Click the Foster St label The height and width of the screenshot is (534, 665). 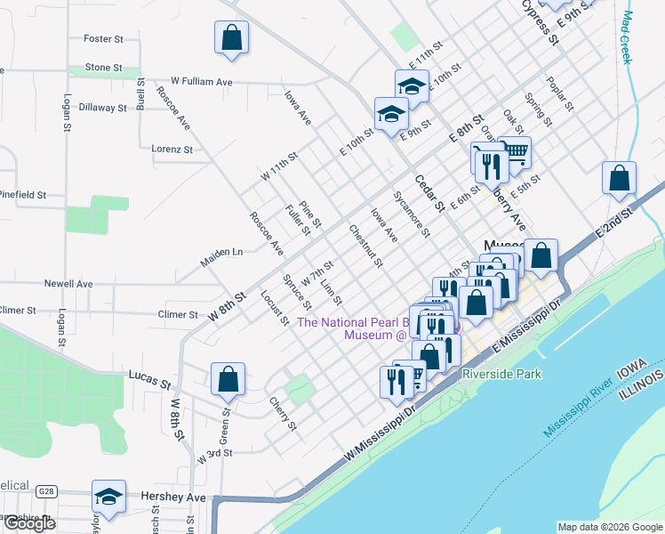click(102, 38)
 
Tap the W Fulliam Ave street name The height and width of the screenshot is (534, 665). click(202, 81)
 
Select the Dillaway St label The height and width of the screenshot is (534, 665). click(103, 108)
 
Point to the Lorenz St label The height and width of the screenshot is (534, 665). click(172, 150)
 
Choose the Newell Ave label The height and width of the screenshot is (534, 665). click(68, 284)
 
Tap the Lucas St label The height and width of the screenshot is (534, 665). click(149, 381)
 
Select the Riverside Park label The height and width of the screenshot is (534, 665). click(501, 375)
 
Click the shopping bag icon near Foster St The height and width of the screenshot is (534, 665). click(231, 38)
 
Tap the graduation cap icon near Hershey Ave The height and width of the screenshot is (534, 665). click(108, 497)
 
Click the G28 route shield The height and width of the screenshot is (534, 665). click(46, 490)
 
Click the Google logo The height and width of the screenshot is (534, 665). click(28, 523)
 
